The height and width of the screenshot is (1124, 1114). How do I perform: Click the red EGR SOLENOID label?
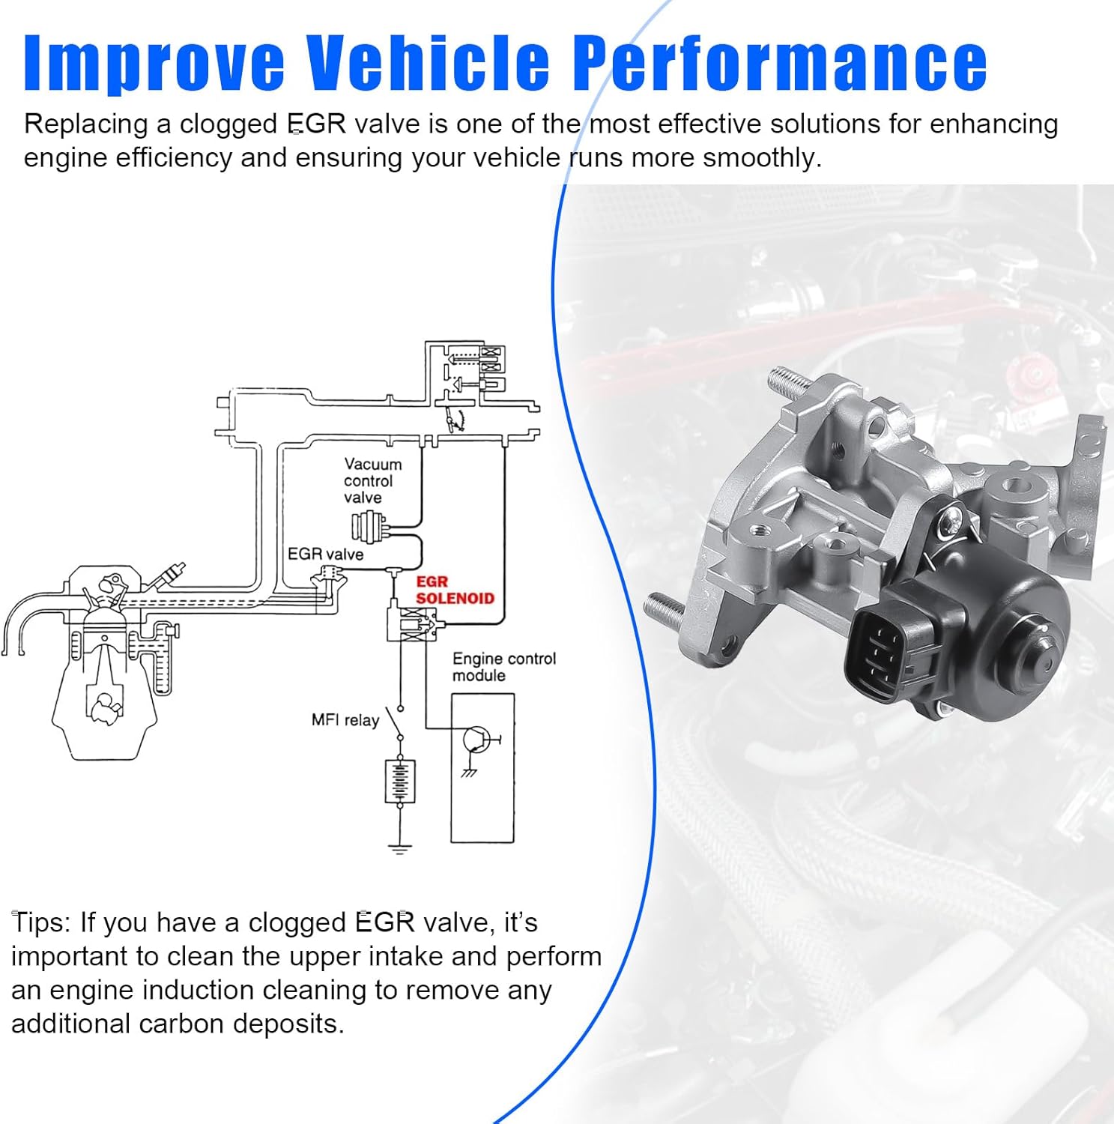(454, 590)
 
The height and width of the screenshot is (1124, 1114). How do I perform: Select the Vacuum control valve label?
(372, 481)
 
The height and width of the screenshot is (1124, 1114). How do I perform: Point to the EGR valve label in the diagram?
(325, 555)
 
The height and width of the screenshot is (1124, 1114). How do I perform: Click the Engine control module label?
(503, 667)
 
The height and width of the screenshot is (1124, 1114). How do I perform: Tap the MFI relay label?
(345, 720)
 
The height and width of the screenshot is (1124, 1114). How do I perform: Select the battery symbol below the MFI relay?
(399, 781)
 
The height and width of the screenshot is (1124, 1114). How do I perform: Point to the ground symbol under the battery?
(399, 848)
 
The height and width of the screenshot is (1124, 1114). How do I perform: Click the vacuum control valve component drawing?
(370, 526)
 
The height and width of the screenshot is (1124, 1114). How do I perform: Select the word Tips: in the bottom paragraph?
(40, 922)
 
